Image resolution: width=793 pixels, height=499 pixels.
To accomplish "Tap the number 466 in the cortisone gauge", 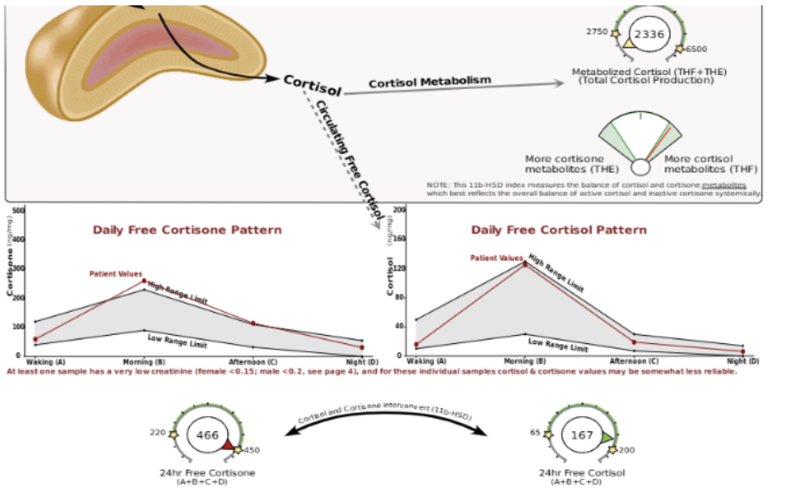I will [x=208, y=435].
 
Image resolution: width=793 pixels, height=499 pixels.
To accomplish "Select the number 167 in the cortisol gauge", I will [x=582, y=435].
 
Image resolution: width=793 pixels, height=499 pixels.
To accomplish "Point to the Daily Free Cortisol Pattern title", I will [x=559, y=229].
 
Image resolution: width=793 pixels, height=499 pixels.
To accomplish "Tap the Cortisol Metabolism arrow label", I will [x=429, y=81].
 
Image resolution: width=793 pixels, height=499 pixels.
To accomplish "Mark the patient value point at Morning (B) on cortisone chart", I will [x=144, y=281].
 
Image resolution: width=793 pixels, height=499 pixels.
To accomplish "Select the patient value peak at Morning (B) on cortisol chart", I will [x=524, y=264].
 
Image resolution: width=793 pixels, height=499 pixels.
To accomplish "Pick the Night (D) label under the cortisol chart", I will [x=741, y=362].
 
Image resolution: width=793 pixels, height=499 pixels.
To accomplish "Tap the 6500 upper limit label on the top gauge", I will [x=697, y=50].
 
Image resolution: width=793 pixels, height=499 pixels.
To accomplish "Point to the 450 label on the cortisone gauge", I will [x=251, y=450].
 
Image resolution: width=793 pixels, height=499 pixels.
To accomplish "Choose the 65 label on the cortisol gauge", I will [x=536, y=432].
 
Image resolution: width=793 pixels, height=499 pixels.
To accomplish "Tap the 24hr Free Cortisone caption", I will [x=206, y=472].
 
